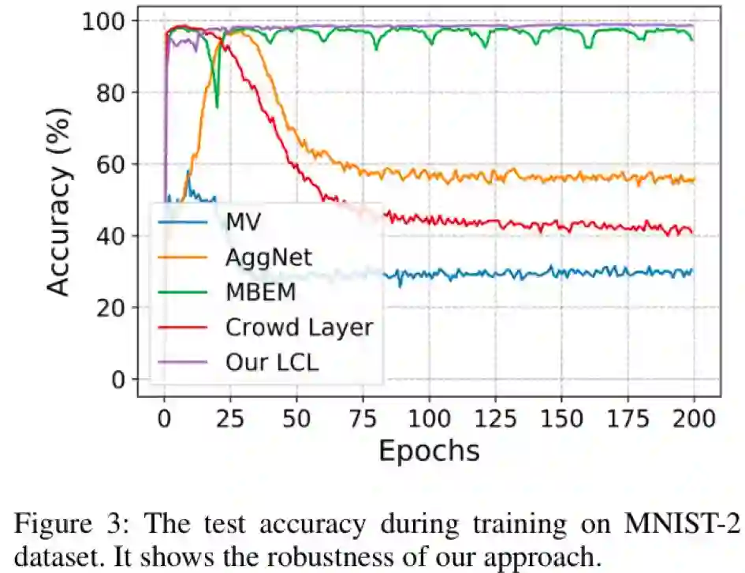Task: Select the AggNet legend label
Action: click(x=269, y=256)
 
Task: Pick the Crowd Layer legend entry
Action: click(x=298, y=327)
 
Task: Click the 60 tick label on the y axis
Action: click(x=117, y=164)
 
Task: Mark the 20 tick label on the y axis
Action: click(x=117, y=308)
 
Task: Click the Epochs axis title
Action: click(x=429, y=451)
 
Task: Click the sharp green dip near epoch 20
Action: click(x=217, y=105)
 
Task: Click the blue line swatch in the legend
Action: click(x=182, y=220)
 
